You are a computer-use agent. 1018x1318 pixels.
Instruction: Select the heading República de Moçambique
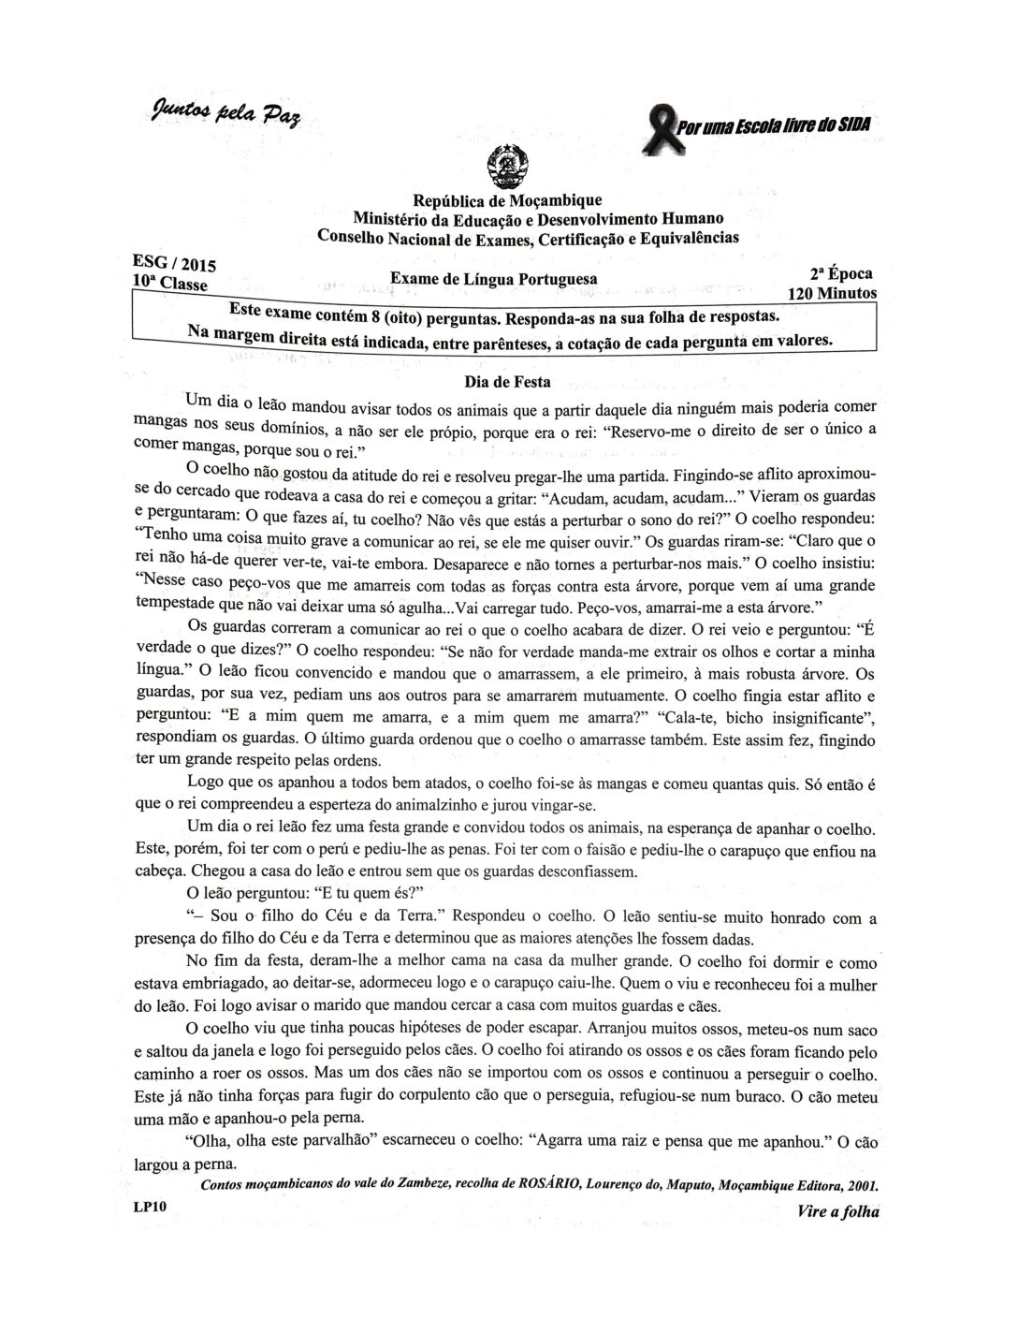(x=507, y=200)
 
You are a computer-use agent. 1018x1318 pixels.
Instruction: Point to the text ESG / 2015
(x=176, y=265)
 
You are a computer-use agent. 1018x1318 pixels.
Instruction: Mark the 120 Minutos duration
(x=832, y=293)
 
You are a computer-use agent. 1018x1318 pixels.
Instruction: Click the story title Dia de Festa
(x=507, y=382)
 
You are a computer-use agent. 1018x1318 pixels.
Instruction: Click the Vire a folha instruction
(x=838, y=1211)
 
